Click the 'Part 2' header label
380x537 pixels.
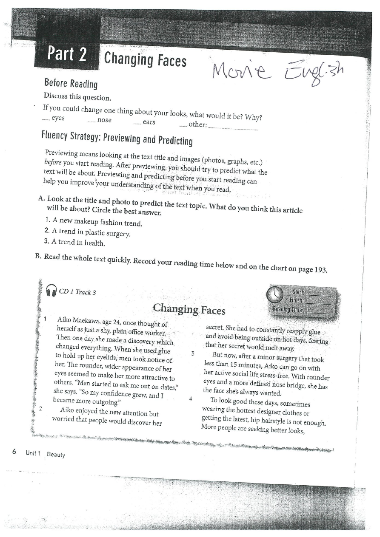pyautogui.click(x=67, y=54)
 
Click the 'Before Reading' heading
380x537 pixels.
pyautogui.click(x=71, y=84)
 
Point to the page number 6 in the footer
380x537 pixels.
pyautogui.click(x=14, y=452)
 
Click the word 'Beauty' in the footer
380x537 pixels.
pyautogui.click(x=56, y=455)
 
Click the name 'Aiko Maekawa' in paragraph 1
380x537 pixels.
pyautogui.click(x=80, y=320)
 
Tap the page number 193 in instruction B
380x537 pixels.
pyautogui.click(x=319, y=270)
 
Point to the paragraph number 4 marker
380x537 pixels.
pyautogui.click(x=191, y=399)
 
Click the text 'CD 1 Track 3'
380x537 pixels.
pyautogui.click(x=77, y=292)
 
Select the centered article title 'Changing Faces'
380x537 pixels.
pyautogui.click(x=189, y=309)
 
